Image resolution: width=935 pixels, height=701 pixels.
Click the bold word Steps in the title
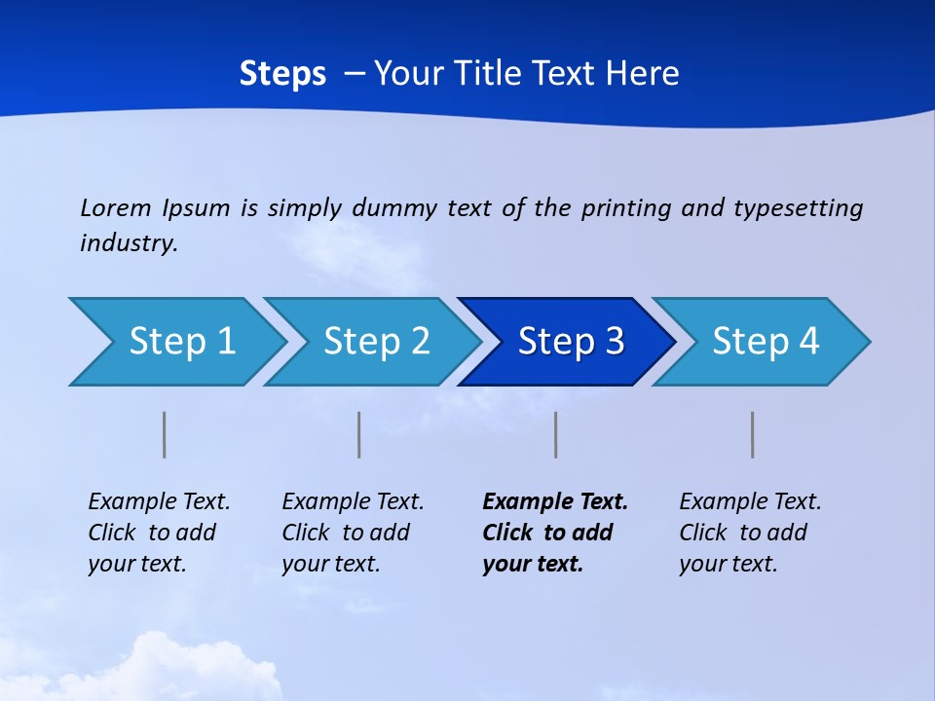click(282, 73)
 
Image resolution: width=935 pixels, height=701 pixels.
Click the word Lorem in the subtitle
click(115, 207)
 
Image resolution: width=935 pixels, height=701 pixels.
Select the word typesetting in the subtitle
click(799, 207)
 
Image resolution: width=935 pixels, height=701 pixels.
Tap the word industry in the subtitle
click(127, 242)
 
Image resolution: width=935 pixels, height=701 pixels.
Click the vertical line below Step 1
click(165, 434)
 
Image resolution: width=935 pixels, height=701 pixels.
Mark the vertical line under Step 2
click(359, 434)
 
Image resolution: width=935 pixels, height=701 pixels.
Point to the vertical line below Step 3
click(556, 434)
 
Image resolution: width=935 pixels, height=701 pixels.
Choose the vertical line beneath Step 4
click(753, 434)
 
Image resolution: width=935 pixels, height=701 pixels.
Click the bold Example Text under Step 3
click(555, 501)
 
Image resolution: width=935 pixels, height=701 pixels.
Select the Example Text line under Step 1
click(159, 501)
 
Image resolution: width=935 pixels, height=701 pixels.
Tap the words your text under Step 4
click(728, 564)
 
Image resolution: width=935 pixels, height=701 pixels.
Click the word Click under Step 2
click(306, 533)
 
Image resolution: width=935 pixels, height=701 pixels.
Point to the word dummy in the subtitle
click(394, 207)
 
